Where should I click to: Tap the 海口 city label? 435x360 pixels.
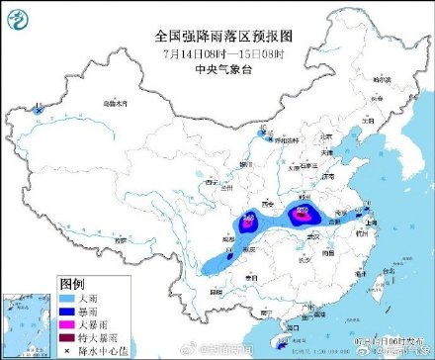pos(290,327)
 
